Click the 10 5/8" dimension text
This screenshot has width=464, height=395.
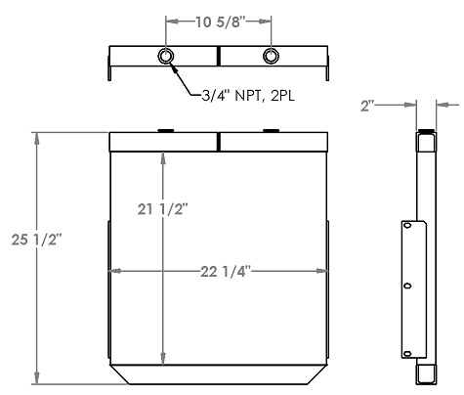click(218, 20)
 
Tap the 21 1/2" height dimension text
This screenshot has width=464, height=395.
click(161, 208)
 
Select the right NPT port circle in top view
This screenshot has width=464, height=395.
click(271, 57)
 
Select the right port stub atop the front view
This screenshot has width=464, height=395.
click(271, 130)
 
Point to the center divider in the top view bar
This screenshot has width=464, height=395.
click(218, 57)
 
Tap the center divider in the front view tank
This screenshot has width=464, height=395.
click(218, 142)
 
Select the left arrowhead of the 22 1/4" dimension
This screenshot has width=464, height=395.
click(113, 271)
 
